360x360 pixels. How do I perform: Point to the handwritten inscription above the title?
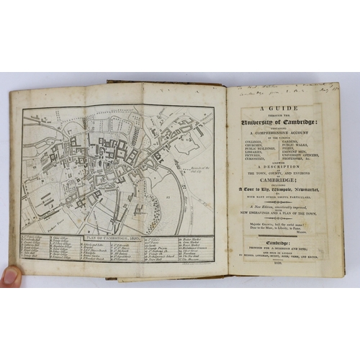tap(288, 88)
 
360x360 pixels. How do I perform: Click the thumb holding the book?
tap(10, 276)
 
